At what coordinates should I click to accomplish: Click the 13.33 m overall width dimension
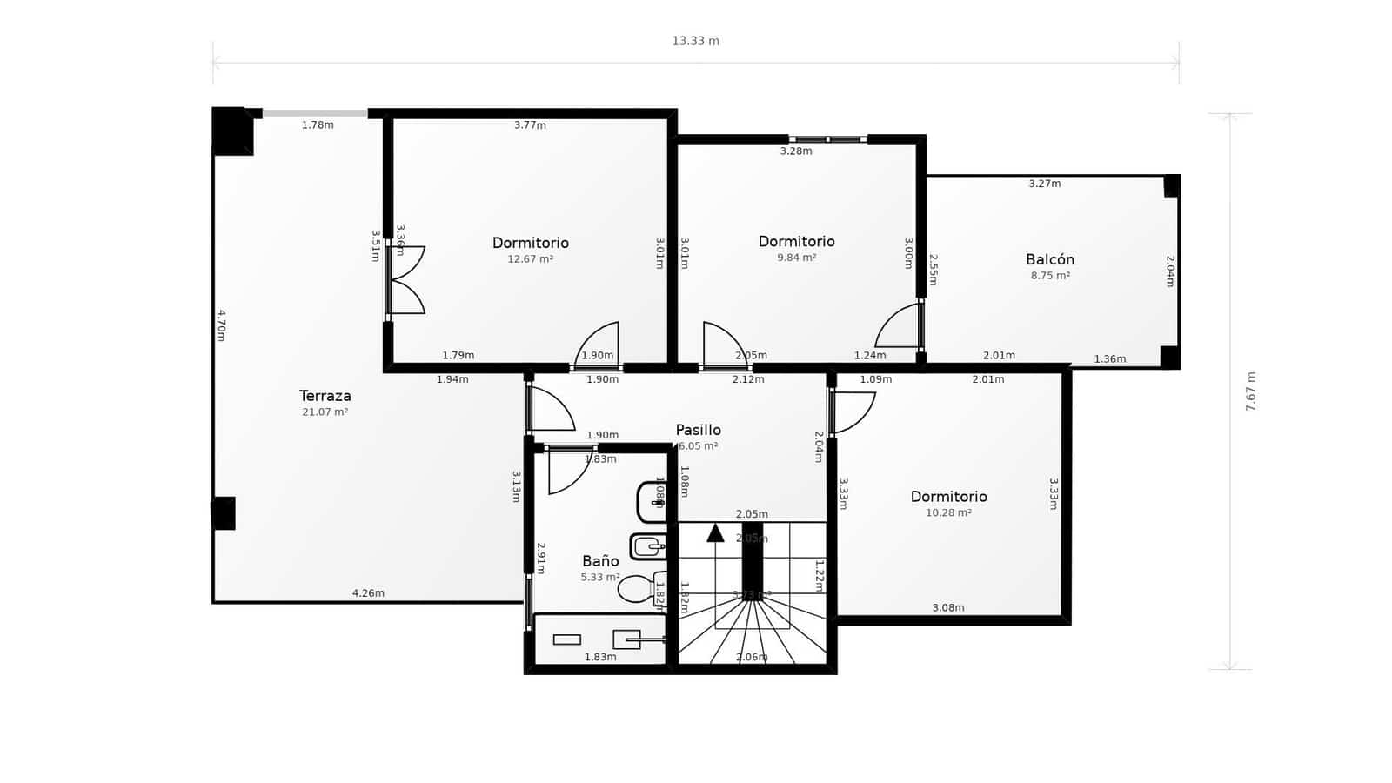tap(695, 41)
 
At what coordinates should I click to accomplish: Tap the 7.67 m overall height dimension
tap(1250, 391)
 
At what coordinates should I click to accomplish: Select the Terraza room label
tap(325, 396)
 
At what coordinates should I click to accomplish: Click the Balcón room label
tap(1049, 259)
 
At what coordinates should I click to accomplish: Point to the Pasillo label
tap(698, 430)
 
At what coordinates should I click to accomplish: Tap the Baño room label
tap(600, 561)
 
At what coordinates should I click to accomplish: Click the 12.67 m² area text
tap(530, 259)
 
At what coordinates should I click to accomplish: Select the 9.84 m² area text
tap(796, 258)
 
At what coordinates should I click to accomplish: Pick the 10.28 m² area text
tap(948, 513)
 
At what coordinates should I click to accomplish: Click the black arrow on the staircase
tap(715, 532)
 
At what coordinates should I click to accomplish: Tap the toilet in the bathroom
tap(639, 589)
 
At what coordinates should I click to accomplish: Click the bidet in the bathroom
tap(647, 546)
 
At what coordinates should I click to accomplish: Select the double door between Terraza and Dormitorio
tap(405, 280)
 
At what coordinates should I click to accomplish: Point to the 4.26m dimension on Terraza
tap(368, 593)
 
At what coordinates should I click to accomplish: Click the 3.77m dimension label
tap(530, 125)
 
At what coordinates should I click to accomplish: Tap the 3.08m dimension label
tap(947, 608)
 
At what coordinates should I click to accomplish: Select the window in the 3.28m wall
tap(828, 139)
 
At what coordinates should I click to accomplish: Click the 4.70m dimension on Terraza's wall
tap(221, 325)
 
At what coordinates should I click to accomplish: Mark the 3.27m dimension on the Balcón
tap(1044, 184)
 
